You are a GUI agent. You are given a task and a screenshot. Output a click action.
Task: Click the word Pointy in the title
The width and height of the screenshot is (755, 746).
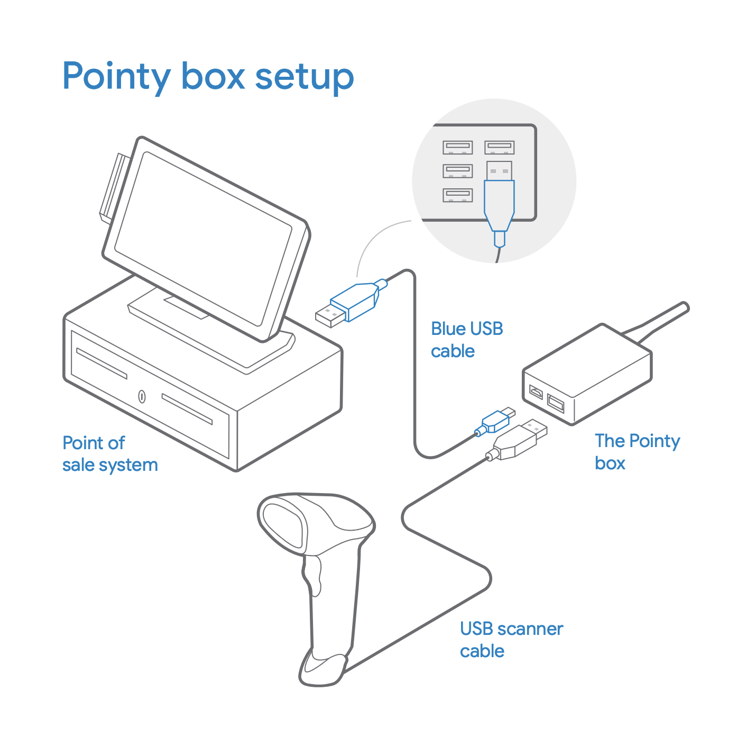[x=117, y=77]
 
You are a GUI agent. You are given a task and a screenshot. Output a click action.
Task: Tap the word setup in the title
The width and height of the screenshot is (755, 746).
[x=305, y=77]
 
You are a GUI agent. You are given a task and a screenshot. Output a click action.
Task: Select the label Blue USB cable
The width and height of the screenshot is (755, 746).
[x=467, y=340]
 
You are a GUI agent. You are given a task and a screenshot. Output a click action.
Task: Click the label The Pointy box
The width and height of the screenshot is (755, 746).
[x=637, y=452]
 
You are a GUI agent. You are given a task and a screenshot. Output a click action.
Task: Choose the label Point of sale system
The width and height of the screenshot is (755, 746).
[x=110, y=454]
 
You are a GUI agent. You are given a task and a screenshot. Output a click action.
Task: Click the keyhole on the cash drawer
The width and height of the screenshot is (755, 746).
[x=142, y=396]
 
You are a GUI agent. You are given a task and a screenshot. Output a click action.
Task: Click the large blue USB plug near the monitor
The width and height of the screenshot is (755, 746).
[x=352, y=303]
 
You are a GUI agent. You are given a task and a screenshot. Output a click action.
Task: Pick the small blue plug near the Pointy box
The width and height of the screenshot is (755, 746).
[x=495, y=421]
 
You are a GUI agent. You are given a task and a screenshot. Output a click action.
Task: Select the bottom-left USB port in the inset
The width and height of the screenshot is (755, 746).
[x=458, y=195]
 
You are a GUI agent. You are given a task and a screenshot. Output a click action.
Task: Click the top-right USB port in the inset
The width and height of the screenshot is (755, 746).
[x=499, y=148]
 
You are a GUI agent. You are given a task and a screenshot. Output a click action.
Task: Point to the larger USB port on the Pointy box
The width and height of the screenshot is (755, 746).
[x=556, y=403]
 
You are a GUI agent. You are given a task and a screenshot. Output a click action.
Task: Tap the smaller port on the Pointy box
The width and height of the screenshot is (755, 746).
[x=536, y=392]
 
